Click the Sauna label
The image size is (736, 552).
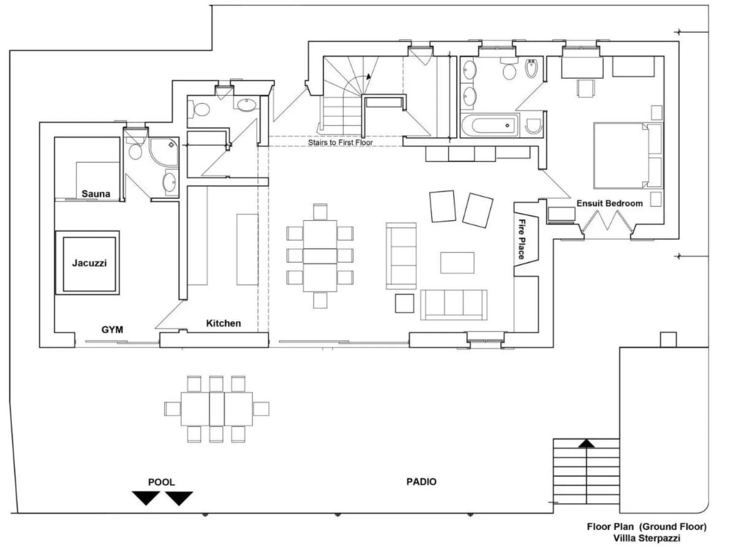[x=96, y=194]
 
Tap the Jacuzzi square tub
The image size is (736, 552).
[x=88, y=263]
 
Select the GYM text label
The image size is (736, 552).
[x=112, y=329]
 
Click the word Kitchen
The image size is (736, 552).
[x=223, y=323]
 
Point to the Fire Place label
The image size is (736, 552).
[x=522, y=239]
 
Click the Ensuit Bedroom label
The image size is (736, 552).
[x=609, y=203]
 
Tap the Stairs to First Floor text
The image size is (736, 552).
[x=340, y=142]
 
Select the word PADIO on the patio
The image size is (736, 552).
[x=421, y=481]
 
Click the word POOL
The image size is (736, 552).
[x=161, y=482]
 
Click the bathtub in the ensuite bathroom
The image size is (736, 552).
[x=489, y=126]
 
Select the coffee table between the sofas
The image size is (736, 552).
[x=457, y=262]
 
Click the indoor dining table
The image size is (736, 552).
[x=320, y=256]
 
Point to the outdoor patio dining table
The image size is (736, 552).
[x=217, y=409]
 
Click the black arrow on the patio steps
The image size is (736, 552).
[x=587, y=443]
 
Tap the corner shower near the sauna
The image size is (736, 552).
[x=165, y=151]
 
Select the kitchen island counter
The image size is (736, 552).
[x=247, y=249]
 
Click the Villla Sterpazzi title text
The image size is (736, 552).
[x=647, y=538]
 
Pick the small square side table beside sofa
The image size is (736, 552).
[x=404, y=303]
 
